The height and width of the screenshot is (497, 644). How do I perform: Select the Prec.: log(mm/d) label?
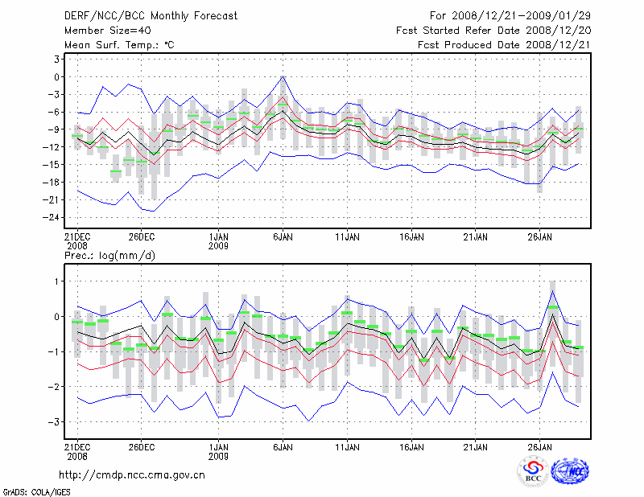(x=109, y=255)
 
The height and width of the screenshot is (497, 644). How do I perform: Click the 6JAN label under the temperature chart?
(x=283, y=237)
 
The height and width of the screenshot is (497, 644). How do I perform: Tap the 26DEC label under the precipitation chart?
(x=141, y=445)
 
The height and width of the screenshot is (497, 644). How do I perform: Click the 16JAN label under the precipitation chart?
(x=411, y=445)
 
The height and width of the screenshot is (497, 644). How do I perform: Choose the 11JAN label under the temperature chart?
(x=347, y=237)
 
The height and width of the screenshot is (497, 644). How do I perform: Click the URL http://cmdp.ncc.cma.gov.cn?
(x=131, y=474)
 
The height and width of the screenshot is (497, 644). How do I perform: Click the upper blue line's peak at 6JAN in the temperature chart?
(x=283, y=76)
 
